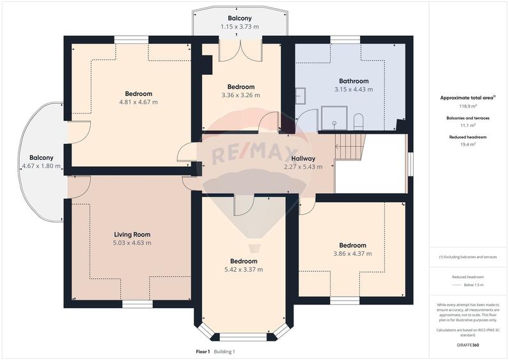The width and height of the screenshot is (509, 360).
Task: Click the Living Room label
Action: click(132, 235)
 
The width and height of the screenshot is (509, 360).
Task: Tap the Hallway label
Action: click(303, 159)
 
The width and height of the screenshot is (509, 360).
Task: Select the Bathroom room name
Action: click(354, 81)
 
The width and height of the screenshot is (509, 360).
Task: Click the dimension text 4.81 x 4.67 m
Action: click(139, 102)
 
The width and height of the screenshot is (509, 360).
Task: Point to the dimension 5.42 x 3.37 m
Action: click(244, 269)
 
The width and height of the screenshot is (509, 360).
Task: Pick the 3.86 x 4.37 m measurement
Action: click(352, 253)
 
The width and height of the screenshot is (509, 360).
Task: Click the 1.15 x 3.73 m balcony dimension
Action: click(240, 27)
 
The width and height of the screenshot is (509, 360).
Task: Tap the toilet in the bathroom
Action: click(358, 121)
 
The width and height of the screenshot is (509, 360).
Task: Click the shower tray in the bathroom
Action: click(334, 118)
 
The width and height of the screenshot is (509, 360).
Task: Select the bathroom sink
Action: click(301, 96)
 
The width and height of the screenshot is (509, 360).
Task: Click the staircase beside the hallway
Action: click(350, 146)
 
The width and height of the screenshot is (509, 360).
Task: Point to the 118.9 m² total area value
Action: click(467, 106)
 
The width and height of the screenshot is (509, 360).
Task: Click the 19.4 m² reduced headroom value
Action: click(467, 145)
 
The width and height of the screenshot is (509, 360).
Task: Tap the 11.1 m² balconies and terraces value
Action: click(467, 125)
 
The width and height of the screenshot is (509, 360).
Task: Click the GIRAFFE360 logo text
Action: click(467, 345)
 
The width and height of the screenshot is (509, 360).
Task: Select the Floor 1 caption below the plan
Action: click(203, 352)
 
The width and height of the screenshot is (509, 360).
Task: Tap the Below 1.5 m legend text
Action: click(474, 285)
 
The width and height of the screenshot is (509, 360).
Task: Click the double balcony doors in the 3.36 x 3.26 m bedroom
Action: click(240, 51)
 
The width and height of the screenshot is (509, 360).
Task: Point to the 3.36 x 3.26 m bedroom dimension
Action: click(240, 95)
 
